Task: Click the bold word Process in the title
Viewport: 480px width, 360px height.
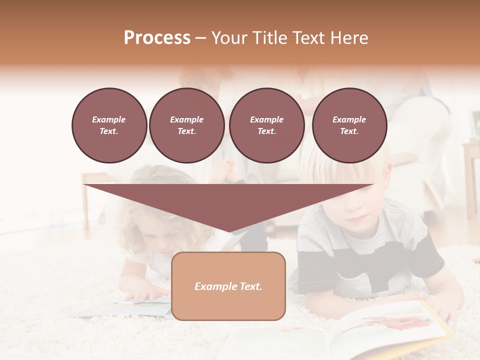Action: (157, 38)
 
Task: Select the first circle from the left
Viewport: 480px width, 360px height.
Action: (109, 125)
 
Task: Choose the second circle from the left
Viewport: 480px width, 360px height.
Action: (186, 125)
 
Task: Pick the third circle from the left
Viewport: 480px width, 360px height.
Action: (266, 125)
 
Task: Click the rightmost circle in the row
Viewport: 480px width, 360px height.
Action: (349, 125)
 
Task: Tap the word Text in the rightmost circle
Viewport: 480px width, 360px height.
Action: (349, 131)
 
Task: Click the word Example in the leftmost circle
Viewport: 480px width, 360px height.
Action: (109, 119)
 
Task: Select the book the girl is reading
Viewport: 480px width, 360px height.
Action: (125, 307)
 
